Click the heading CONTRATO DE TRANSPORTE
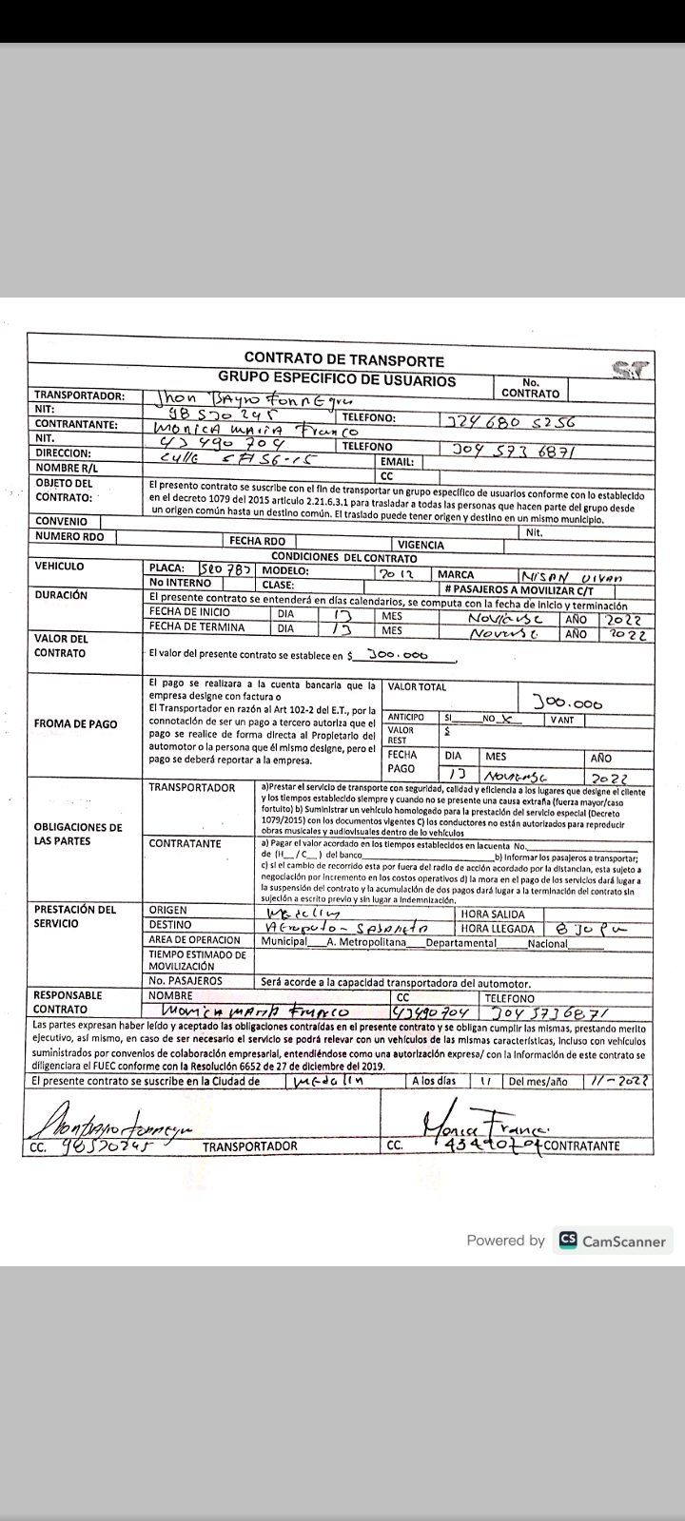343,359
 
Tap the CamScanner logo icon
568,1240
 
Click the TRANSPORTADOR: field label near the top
79,395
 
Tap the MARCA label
456,574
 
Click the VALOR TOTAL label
417,686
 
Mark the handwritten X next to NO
508,719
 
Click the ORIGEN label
168,910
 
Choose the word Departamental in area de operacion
460,943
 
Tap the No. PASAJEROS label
185,980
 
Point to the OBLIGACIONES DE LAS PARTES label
78,834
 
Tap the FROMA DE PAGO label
75,723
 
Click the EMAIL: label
396,461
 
